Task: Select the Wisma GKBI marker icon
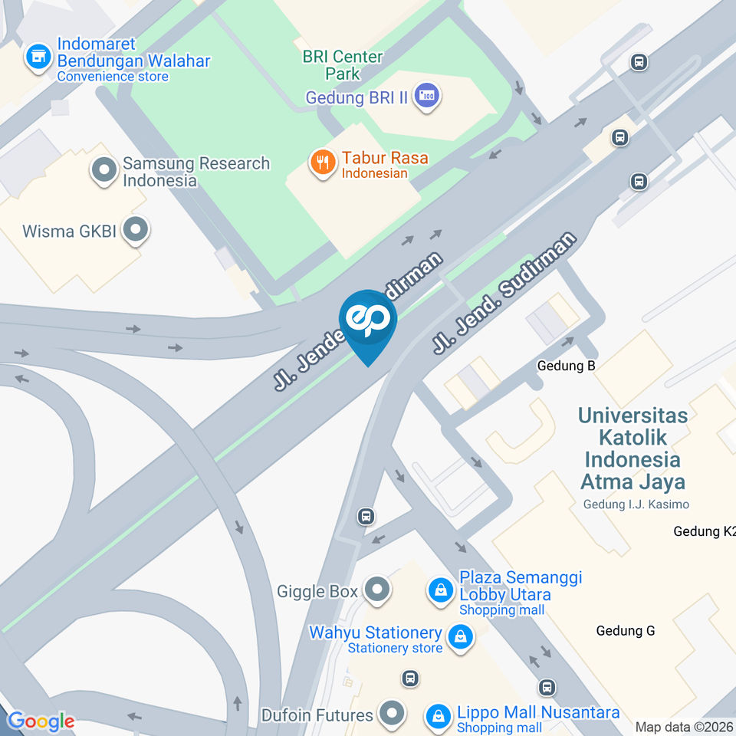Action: coord(136,229)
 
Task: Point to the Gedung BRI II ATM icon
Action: coord(425,97)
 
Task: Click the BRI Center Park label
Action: coord(342,65)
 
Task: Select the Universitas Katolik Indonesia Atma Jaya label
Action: coord(632,448)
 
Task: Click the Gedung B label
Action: coord(566,366)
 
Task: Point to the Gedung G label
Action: coord(626,631)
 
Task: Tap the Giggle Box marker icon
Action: coord(377,590)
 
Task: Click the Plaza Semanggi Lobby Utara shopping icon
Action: coord(441,590)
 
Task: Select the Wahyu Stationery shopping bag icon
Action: coord(460,636)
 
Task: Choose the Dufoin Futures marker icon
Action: coord(393,713)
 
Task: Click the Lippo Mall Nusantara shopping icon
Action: coord(438,716)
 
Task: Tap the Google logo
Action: coord(40,721)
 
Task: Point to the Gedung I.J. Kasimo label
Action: coord(636,504)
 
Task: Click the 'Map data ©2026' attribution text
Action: coord(684,727)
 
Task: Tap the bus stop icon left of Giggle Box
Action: coord(366,517)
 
